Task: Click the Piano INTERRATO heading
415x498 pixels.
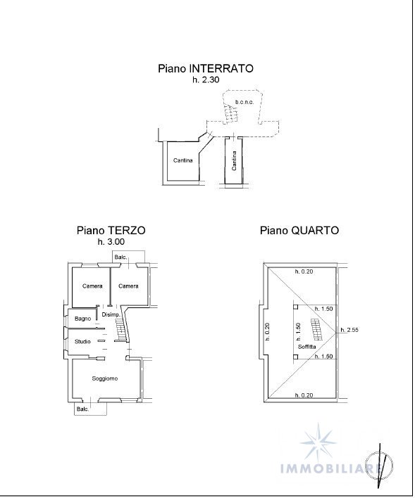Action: (206, 69)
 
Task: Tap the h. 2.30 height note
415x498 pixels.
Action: (206, 79)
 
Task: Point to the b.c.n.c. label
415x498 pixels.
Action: (244, 102)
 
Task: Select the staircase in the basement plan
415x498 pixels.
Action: (230, 115)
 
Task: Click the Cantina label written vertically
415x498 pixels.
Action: (234, 160)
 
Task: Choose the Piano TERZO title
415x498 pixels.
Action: (111, 230)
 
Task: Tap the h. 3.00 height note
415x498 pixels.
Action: (111, 242)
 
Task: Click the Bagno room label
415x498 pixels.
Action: (82, 319)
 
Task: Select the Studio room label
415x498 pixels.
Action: (82, 342)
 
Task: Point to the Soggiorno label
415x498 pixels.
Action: (105, 378)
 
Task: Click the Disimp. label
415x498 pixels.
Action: (111, 314)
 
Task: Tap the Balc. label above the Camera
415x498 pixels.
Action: (121, 257)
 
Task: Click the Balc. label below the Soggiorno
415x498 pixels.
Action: (82, 409)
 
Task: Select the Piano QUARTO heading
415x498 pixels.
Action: (299, 230)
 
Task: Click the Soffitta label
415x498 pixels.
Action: (306, 347)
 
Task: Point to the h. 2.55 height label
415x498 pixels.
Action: (349, 330)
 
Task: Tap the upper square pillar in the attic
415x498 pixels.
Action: (296, 307)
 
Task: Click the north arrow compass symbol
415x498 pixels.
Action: (379, 466)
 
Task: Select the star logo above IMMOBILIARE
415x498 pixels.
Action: (318, 441)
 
